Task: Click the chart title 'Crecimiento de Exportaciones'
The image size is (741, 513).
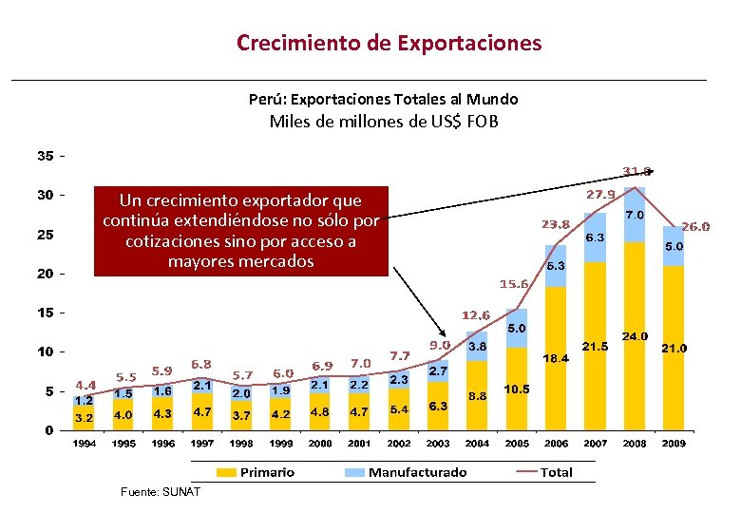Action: (x=389, y=43)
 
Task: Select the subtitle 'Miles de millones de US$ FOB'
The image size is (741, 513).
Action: (x=384, y=121)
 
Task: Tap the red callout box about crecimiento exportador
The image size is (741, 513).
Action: (x=240, y=230)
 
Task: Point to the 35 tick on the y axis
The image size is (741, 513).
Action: (x=45, y=156)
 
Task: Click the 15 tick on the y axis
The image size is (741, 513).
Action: (x=45, y=313)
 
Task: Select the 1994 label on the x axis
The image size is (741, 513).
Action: (x=85, y=444)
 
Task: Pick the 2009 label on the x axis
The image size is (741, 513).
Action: (x=673, y=444)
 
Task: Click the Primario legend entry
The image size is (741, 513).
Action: (x=256, y=472)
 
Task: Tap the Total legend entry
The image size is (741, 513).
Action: (x=545, y=472)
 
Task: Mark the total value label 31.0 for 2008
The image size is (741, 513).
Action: (x=636, y=172)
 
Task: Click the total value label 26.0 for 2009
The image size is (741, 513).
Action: (x=695, y=227)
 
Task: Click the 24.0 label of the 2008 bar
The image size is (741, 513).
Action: (x=635, y=336)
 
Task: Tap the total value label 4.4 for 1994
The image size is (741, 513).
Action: (x=86, y=385)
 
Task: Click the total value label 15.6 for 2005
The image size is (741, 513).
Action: (x=514, y=284)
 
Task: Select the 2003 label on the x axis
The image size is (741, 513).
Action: (x=438, y=444)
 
